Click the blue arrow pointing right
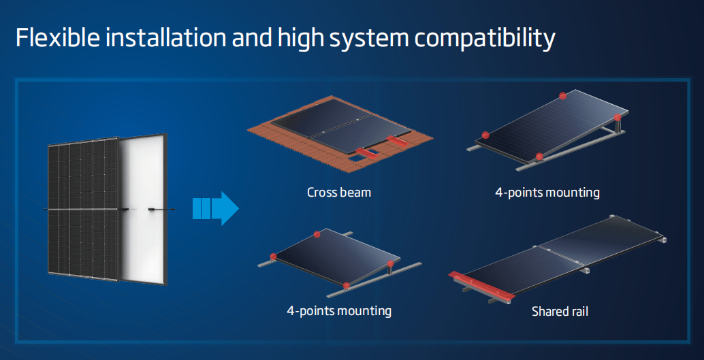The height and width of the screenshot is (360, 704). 216,209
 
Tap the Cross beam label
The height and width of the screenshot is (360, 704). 339,193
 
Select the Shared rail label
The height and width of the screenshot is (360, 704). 560,311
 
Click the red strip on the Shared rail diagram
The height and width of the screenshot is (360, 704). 481,286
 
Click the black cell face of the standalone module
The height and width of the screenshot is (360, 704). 84,209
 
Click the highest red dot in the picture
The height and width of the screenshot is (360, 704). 562,95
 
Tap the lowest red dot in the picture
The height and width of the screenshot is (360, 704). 346,286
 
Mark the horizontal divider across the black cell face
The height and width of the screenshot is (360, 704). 84,209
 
